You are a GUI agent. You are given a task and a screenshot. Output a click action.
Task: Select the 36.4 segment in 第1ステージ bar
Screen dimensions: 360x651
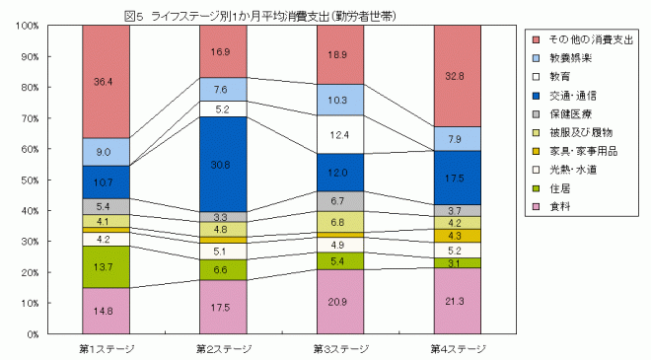105,81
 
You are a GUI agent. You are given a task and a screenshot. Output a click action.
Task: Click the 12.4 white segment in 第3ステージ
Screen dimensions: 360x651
338,134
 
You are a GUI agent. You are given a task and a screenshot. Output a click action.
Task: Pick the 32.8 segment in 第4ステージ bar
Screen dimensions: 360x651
456,75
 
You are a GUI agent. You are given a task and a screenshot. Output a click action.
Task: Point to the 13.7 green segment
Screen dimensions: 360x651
105,267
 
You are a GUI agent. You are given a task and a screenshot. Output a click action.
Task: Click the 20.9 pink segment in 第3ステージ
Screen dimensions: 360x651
338,301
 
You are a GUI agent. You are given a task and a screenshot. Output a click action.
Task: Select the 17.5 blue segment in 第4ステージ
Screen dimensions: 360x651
456,178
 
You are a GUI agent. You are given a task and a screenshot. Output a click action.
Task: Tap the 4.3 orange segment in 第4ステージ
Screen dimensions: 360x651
456,236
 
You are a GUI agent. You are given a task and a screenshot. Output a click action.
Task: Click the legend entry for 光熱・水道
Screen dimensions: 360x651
570,171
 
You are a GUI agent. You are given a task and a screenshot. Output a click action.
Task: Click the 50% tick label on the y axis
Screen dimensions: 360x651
30,180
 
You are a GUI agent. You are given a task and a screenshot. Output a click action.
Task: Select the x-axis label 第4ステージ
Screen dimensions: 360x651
456,348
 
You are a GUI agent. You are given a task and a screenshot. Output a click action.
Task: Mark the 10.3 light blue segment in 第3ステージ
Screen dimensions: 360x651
338,100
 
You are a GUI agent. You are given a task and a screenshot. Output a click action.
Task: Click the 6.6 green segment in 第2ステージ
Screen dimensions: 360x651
221,269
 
